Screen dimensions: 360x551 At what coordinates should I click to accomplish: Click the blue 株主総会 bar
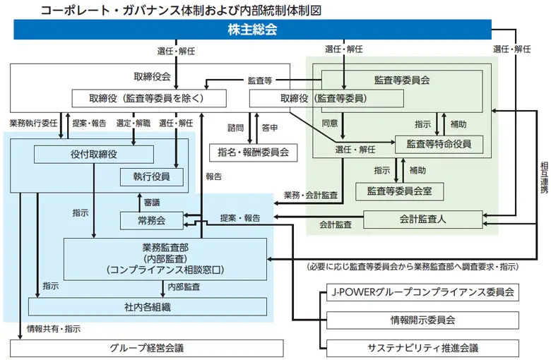(252, 30)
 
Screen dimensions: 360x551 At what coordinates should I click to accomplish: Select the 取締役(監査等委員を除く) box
(148, 98)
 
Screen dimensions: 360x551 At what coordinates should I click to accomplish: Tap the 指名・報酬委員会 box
(254, 152)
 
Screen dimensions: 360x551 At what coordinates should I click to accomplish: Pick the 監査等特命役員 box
(439, 144)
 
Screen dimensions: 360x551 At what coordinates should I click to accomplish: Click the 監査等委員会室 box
(399, 191)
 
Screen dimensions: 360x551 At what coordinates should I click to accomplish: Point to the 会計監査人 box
(422, 220)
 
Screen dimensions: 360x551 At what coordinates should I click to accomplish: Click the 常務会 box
(151, 220)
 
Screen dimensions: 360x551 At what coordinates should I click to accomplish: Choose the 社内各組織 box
(148, 306)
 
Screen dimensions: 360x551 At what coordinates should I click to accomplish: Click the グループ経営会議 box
(147, 348)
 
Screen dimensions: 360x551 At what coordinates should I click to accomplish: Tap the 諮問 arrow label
(235, 128)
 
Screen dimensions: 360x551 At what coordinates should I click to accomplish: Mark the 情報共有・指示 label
(54, 328)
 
